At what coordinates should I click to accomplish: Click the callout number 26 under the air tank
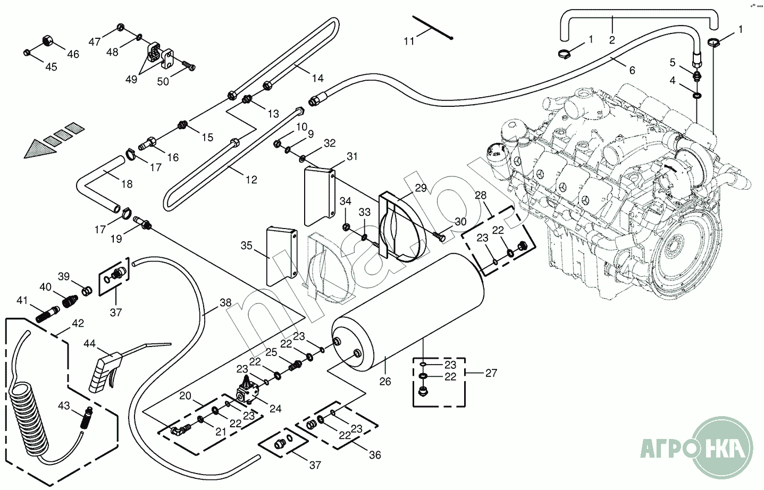pos(385,381)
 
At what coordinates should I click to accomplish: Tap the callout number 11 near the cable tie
pos(408,41)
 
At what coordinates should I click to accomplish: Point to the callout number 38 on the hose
pos(225,303)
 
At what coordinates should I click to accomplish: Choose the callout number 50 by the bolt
pos(163,81)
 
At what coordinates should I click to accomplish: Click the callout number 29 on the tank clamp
pos(421,188)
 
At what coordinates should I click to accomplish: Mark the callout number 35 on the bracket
pos(246,246)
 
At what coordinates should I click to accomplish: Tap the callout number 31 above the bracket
pos(352,156)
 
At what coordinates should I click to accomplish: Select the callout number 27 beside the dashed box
pos(491,373)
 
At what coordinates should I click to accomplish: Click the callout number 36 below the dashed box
pos(375,455)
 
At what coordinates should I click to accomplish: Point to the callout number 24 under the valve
pos(275,409)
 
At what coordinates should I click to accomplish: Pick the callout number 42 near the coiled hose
pos(78,323)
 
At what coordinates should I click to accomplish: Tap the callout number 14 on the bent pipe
pos(317,78)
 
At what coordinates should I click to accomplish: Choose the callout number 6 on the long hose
pos(632,70)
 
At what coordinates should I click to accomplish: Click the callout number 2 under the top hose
pos(612,40)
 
